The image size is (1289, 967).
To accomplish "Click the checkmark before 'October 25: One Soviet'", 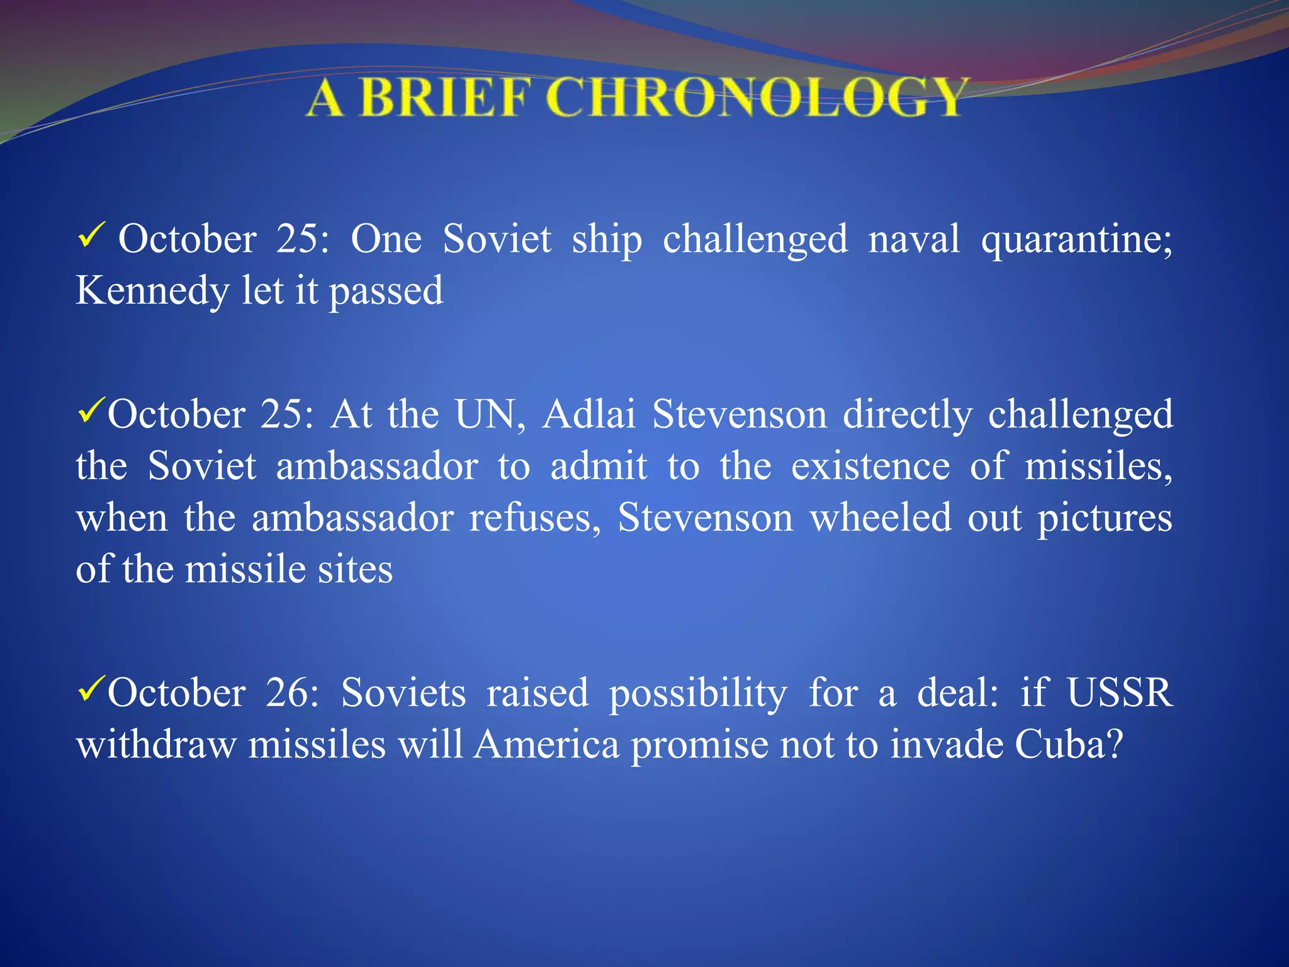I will (90, 237).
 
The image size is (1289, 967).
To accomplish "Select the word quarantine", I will (1076, 240).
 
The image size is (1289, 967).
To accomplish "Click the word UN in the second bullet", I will (490, 415).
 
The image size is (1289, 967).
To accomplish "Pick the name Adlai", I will (589, 415).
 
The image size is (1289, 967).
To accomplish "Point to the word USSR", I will (1120, 693).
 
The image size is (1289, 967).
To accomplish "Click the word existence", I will (870, 467).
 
